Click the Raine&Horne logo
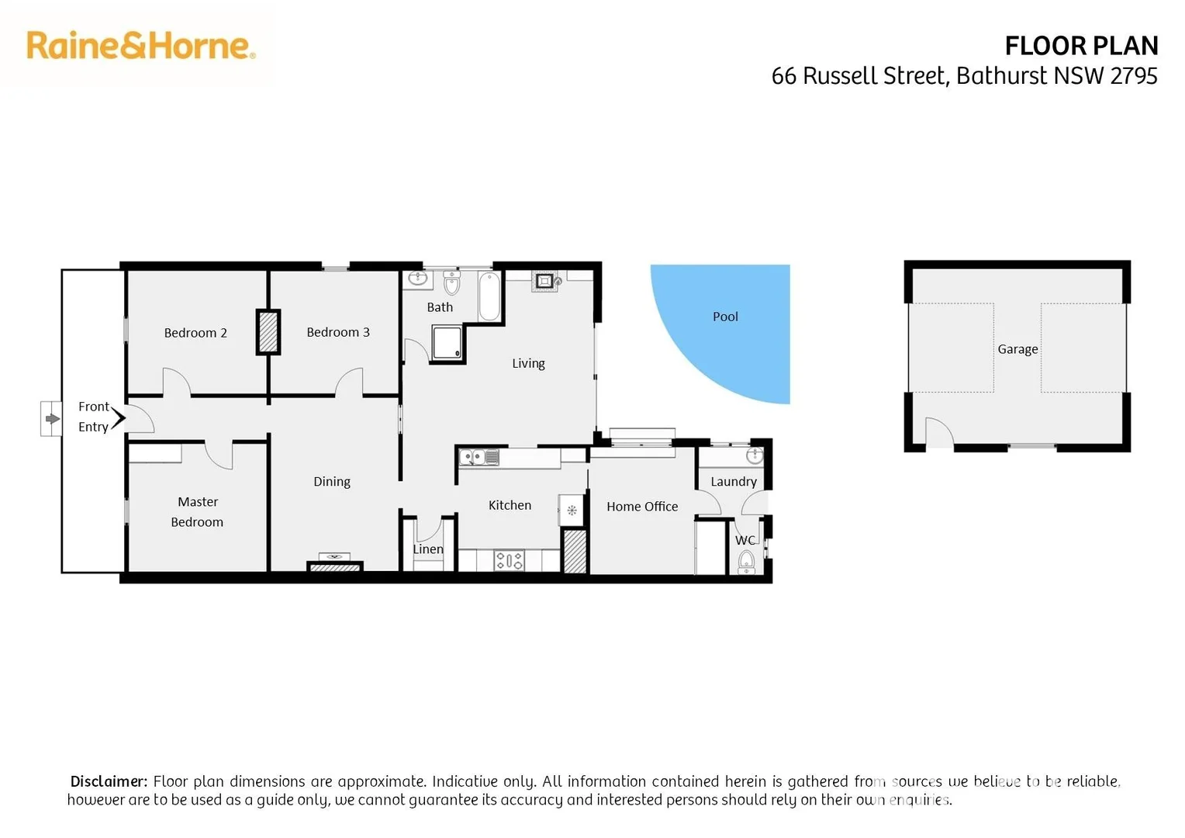[x=140, y=46]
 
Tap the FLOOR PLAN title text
[x=1080, y=47]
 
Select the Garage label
[x=1017, y=349]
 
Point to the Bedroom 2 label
[x=195, y=333]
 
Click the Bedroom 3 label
[x=338, y=332]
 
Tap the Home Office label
[x=642, y=507]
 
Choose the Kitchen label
[x=510, y=505]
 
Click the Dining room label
[x=332, y=482]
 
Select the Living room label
[x=528, y=363]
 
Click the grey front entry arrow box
[x=52, y=419]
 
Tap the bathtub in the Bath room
[x=489, y=296]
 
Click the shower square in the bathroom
[x=447, y=343]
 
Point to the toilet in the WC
[x=746, y=560]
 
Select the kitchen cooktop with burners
[x=510, y=560]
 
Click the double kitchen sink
[x=479, y=458]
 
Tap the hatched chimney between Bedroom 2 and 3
[x=268, y=332]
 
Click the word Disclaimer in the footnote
[x=109, y=781]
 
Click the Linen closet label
[x=428, y=549]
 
